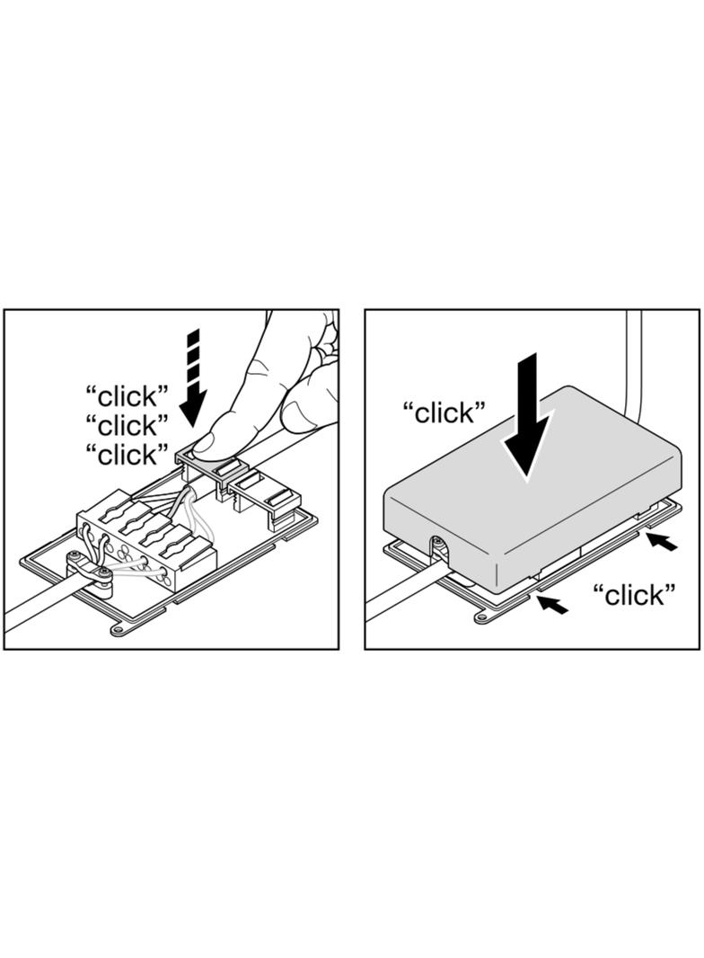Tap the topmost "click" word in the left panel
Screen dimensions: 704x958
128,397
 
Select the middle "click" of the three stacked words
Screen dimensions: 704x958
128,425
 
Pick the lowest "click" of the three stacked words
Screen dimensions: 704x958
128,454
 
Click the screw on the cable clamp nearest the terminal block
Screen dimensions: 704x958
105,572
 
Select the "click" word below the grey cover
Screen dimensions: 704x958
635,593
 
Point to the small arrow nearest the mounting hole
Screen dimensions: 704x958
551,604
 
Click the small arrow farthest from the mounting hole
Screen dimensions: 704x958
662,541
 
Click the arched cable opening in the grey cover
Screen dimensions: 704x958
438,546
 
